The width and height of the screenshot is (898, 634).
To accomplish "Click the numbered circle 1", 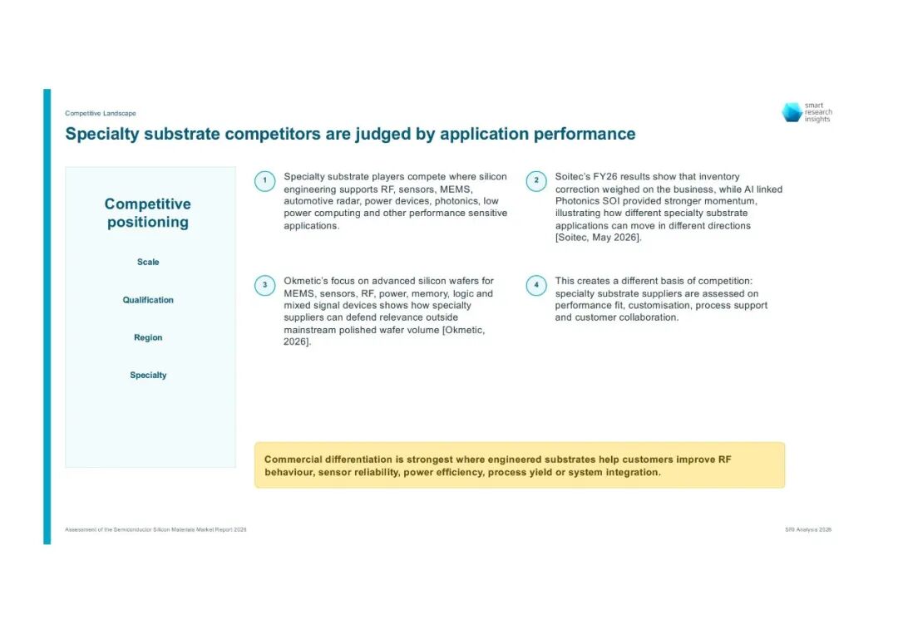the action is [264, 181].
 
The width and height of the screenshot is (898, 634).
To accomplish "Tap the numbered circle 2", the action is [536, 181].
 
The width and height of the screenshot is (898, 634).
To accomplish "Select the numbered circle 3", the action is [264, 285].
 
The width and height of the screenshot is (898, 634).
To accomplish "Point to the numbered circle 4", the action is [536, 285].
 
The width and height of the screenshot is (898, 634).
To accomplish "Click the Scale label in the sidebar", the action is [148, 262].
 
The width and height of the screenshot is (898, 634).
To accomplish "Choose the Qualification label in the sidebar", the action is [148, 300].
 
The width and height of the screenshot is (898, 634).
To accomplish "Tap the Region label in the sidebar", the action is [148, 337].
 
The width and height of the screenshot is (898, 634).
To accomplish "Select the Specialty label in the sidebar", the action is [148, 376].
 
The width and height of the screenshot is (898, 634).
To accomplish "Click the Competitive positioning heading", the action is [148, 213].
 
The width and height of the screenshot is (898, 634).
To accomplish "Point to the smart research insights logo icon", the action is [792, 112].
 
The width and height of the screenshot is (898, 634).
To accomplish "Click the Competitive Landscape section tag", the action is [101, 113].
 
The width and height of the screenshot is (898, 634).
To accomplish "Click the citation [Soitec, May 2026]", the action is [598, 238].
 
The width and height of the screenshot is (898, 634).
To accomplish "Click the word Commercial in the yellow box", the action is [294, 460].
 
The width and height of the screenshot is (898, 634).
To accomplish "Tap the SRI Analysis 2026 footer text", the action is [808, 530].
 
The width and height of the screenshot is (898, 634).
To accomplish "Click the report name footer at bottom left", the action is [155, 530].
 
